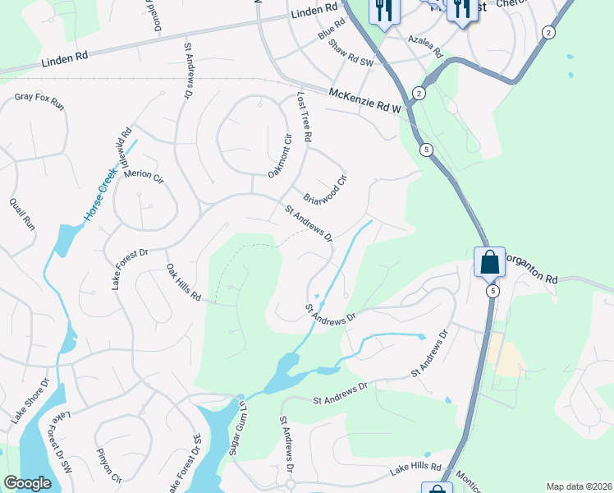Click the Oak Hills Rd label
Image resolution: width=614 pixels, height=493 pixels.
(184, 282)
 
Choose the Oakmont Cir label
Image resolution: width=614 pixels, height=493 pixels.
(280, 154)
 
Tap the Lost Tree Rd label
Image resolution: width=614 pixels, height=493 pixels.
(302, 117)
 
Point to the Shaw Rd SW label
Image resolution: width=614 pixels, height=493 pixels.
(351, 53)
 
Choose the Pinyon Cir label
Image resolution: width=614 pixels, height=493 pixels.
(108, 466)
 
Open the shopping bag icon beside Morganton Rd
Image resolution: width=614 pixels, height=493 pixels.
(489, 263)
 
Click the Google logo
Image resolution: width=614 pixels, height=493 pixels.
(27, 483)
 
